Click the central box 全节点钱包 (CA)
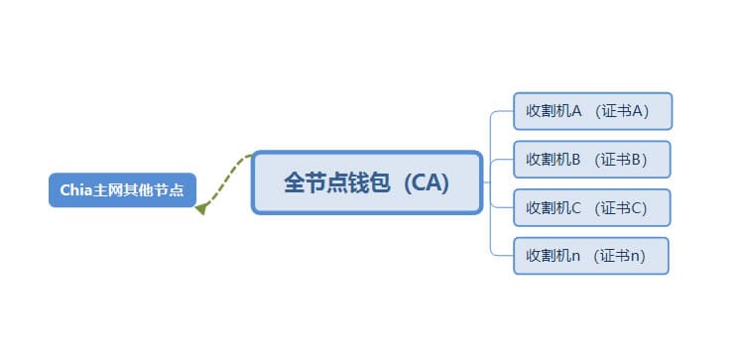point(367,182)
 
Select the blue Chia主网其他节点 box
point(122,189)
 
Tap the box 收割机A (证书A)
point(592,111)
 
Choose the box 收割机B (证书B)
point(592,159)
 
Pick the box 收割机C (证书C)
point(592,207)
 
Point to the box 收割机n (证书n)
point(590,256)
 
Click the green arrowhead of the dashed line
point(200,208)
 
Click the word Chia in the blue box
point(75,189)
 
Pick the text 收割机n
point(553,256)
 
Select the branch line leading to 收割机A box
point(501,111)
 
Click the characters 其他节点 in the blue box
point(159,189)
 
